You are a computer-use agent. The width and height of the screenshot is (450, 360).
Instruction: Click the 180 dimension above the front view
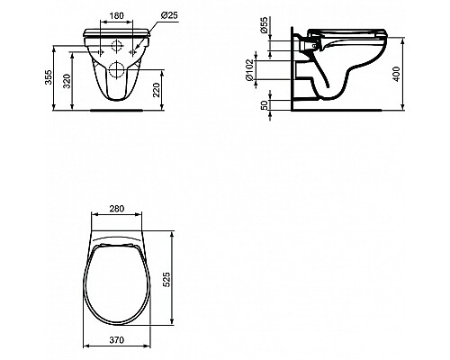pyautogui.click(x=117, y=14)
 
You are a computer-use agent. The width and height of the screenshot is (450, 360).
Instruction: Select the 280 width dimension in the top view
pyautogui.click(x=118, y=209)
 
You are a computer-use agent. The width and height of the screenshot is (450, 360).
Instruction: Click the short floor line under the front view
pyautogui.click(x=118, y=112)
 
